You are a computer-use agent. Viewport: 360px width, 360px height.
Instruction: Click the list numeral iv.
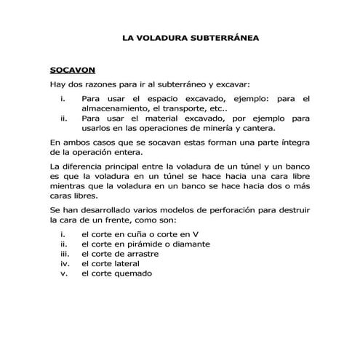coord(64,264)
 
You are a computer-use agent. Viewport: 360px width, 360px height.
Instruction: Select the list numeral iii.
coord(64,255)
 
